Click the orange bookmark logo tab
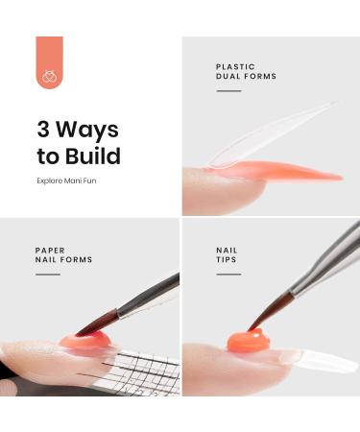49,62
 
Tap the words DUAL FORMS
247,77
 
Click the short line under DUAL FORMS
228,91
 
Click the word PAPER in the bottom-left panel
50,250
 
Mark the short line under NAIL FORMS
47,275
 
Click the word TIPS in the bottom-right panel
227,260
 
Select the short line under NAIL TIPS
228,275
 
